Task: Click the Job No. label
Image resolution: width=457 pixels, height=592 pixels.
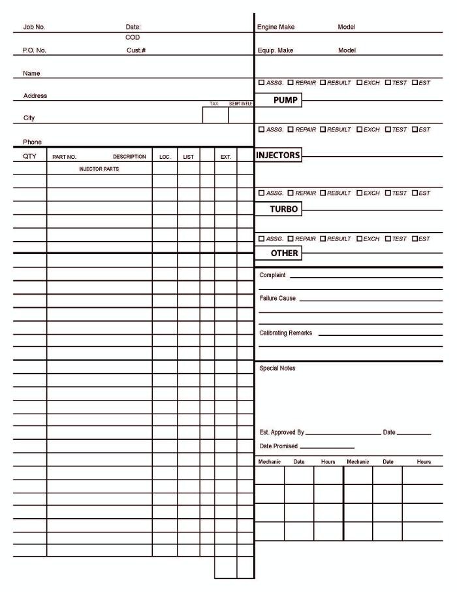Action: [x=34, y=27]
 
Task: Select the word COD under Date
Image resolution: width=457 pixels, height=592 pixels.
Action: [x=133, y=38]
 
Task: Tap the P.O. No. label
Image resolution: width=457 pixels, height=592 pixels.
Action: [x=35, y=50]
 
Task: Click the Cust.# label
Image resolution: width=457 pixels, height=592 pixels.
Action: [x=136, y=50]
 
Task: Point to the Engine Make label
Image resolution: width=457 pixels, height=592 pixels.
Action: [x=276, y=27]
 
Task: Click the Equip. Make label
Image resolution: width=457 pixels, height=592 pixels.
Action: [x=276, y=50]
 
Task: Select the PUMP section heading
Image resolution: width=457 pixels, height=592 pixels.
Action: [x=285, y=101]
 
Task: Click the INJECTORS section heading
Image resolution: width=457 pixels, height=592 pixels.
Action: [x=278, y=156]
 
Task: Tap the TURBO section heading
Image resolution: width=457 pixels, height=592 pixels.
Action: [x=284, y=210]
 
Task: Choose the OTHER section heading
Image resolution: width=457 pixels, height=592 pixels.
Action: [x=285, y=254]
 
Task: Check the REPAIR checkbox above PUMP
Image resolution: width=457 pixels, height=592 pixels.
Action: [x=291, y=83]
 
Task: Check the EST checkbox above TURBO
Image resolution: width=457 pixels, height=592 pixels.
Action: [x=415, y=193]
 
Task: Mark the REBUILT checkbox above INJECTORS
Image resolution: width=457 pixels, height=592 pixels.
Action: [x=323, y=129]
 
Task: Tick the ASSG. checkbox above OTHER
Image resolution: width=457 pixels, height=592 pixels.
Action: [x=262, y=238]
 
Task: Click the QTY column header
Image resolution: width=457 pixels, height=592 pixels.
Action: [x=29, y=157]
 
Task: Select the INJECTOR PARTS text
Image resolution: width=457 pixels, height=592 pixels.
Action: [x=99, y=169]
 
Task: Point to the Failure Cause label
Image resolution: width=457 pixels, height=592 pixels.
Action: [x=277, y=298]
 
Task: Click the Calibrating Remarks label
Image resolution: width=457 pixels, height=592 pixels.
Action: [x=286, y=333]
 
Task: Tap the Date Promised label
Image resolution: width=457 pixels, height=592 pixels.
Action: [x=278, y=446]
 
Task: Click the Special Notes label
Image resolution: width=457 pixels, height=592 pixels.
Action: [x=277, y=369]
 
